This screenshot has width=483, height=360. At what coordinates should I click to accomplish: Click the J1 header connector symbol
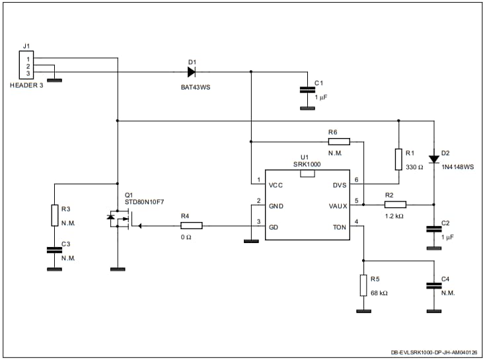(27, 66)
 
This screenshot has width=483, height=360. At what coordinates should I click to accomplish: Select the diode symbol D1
(192, 72)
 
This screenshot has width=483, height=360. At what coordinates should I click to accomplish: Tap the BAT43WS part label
(192, 87)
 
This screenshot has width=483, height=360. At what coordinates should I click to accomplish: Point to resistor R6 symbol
(338, 141)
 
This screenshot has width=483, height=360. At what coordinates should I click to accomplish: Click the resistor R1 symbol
(398, 159)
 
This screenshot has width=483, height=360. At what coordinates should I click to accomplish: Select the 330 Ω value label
(414, 168)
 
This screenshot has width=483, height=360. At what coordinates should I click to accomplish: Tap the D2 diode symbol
(433, 159)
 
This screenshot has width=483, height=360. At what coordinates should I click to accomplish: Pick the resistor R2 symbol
(394, 205)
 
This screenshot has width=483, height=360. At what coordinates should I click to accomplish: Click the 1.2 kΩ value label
(394, 216)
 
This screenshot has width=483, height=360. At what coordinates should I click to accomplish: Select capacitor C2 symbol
(433, 229)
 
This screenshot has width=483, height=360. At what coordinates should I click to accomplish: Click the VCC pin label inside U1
(277, 185)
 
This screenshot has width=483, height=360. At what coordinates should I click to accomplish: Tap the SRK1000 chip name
(307, 164)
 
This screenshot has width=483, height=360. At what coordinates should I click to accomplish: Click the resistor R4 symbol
(191, 226)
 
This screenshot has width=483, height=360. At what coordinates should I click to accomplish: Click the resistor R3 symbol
(55, 215)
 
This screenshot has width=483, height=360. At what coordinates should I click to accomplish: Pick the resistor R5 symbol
(362, 285)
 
